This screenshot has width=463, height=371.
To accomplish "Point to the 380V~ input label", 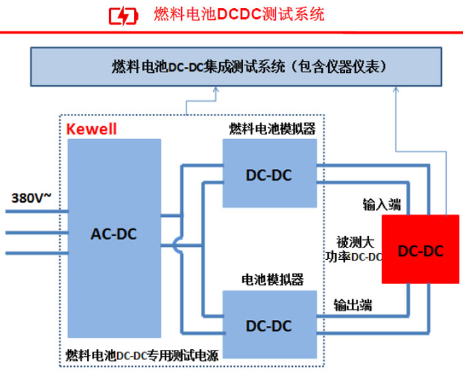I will [31, 198].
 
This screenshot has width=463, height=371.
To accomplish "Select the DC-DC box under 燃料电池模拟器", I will [269, 175].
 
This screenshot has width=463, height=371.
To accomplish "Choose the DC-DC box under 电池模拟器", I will [269, 326].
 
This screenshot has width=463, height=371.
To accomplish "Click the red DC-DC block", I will [420, 251].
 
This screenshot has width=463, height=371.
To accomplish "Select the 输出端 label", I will [353, 305].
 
